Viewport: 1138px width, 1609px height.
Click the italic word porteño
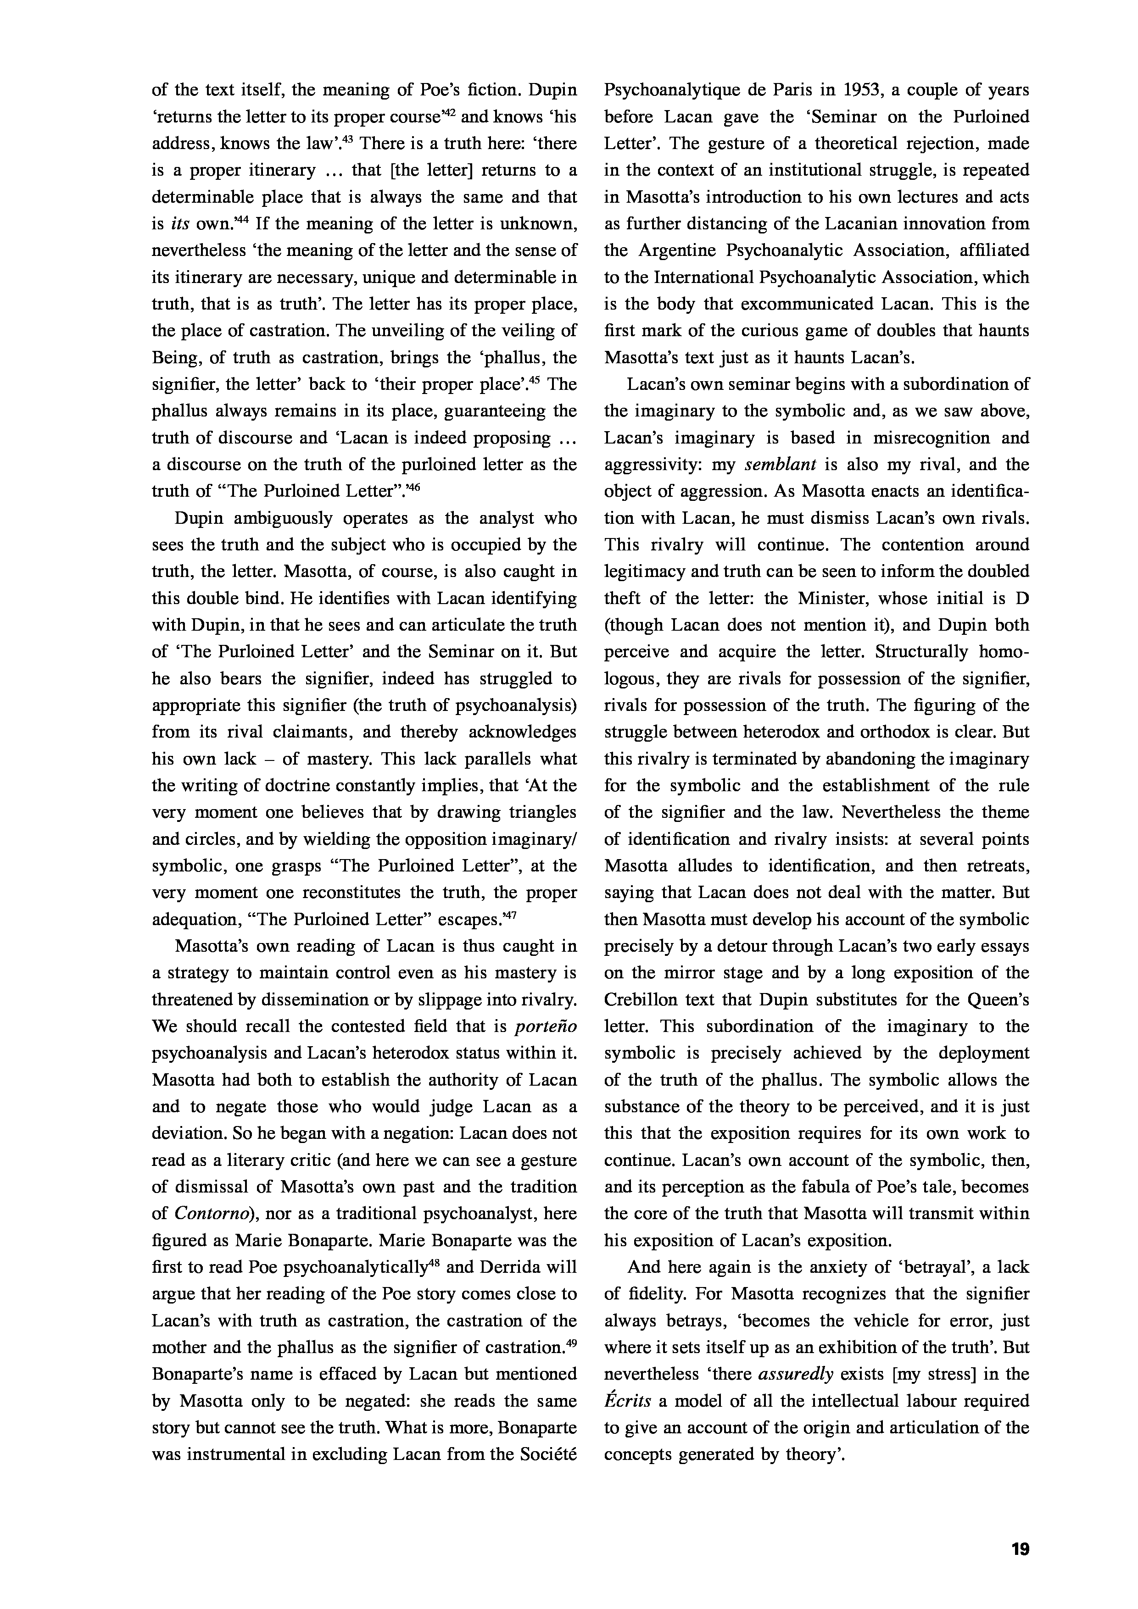tap(546, 1026)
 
